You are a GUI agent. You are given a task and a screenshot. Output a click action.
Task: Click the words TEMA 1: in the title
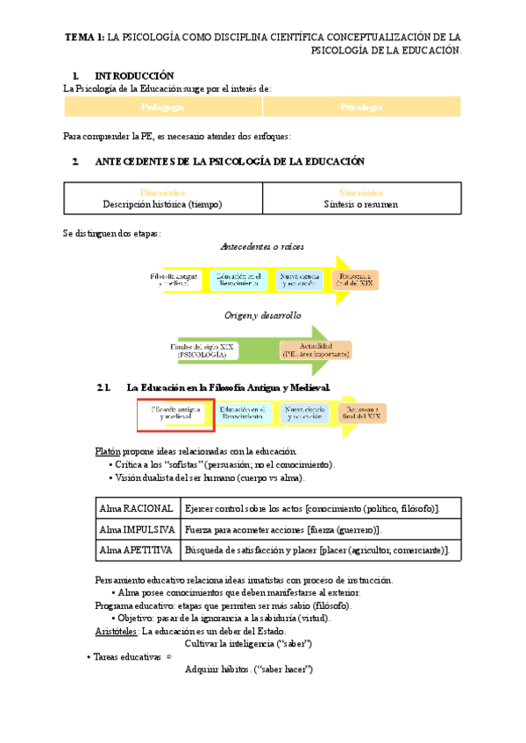(85, 37)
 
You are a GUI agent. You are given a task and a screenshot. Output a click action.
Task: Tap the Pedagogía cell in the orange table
(163, 107)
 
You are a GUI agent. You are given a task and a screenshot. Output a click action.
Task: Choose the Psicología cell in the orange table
(361, 107)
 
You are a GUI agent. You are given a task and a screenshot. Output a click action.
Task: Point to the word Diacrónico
(163, 192)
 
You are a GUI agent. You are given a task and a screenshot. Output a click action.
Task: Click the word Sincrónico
(361, 192)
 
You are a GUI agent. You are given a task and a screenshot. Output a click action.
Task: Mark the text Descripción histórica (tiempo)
(163, 204)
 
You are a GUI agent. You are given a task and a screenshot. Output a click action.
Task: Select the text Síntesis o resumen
(361, 204)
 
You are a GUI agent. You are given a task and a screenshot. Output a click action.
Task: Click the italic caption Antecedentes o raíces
(262, 247)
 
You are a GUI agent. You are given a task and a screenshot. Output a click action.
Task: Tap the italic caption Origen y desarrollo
(262, 315)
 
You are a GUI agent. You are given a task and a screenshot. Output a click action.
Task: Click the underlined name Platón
(108, 450)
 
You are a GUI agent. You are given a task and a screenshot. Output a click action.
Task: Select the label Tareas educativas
(128, 656)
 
